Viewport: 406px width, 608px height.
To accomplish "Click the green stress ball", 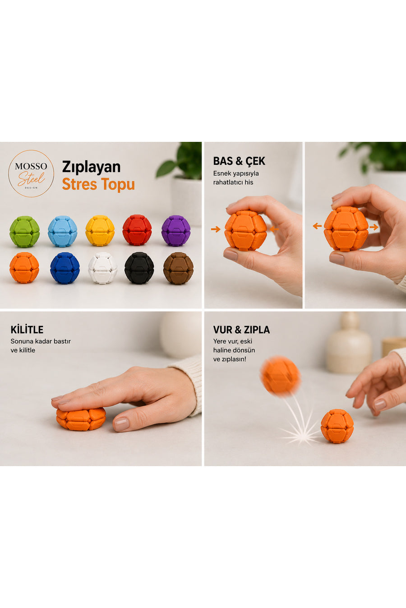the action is (24, 231).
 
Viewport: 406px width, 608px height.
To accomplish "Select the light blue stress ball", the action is (63, 231).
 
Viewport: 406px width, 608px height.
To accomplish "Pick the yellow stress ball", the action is (100, 231).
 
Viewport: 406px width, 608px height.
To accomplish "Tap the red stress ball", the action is (137, 230).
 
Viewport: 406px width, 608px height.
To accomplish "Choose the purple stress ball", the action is (176, 231).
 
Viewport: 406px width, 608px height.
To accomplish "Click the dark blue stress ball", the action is (65, 268).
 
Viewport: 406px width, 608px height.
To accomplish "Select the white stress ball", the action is (103, 268).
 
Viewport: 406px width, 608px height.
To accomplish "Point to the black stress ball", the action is (139, 268).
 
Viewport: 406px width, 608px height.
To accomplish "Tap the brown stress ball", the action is (178, 268).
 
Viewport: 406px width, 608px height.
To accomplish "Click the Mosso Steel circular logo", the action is (31, 173).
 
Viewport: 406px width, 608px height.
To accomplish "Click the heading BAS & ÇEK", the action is (239, 161).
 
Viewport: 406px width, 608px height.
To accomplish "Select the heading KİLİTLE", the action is (27, 330).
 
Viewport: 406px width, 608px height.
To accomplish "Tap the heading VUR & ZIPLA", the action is (241, 330).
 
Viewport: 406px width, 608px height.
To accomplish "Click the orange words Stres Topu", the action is (98, 184).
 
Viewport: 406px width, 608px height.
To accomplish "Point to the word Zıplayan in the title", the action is (92, 167).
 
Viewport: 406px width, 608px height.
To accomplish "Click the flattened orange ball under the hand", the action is (81, 419).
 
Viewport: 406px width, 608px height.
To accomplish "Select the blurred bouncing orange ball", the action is (281, 376).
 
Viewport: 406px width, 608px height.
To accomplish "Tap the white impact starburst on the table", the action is (300, 433).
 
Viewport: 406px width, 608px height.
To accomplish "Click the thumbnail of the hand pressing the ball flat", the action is (101, 389).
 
